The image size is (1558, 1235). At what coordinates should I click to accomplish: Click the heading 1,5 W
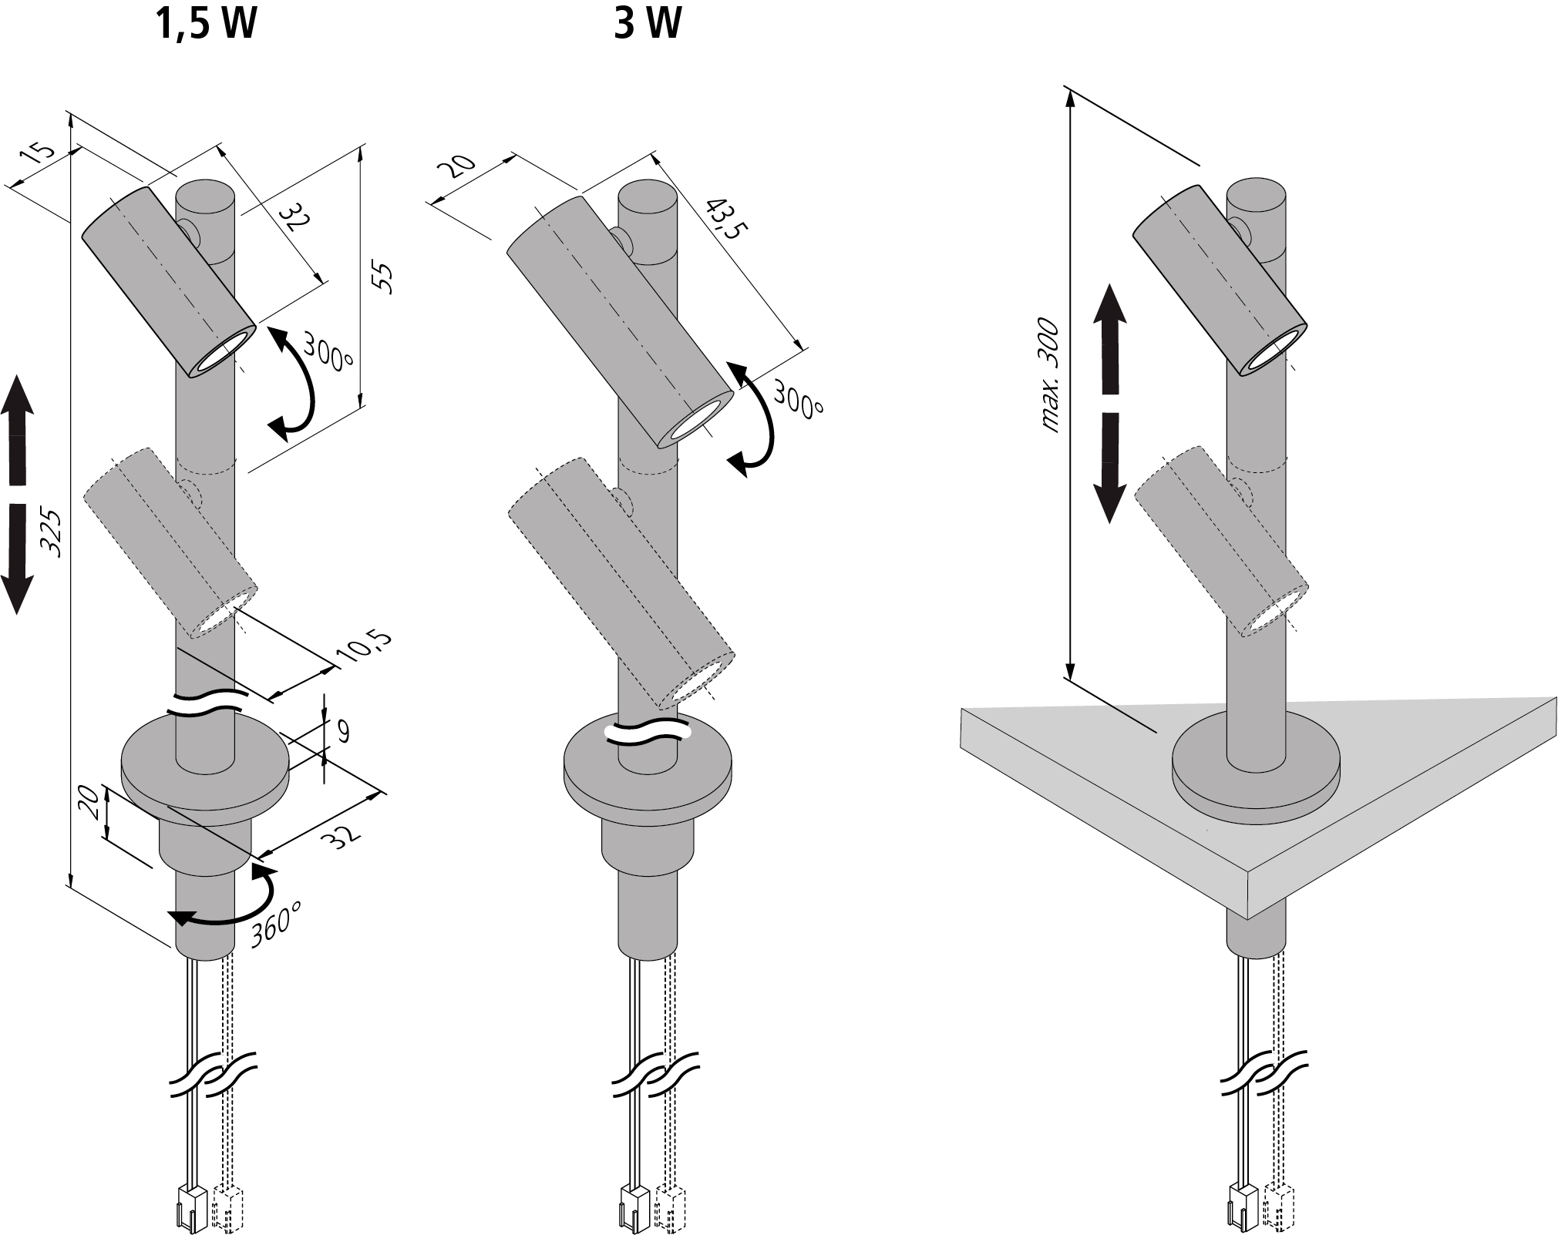pos(206,25)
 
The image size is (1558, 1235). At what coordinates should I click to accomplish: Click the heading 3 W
pos(647,25)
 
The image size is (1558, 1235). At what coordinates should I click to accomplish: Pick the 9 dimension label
pos(342,731)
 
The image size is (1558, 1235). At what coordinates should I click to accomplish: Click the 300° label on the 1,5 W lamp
pos(327,351)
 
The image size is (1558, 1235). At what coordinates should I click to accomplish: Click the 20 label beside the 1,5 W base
pos(88,804)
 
